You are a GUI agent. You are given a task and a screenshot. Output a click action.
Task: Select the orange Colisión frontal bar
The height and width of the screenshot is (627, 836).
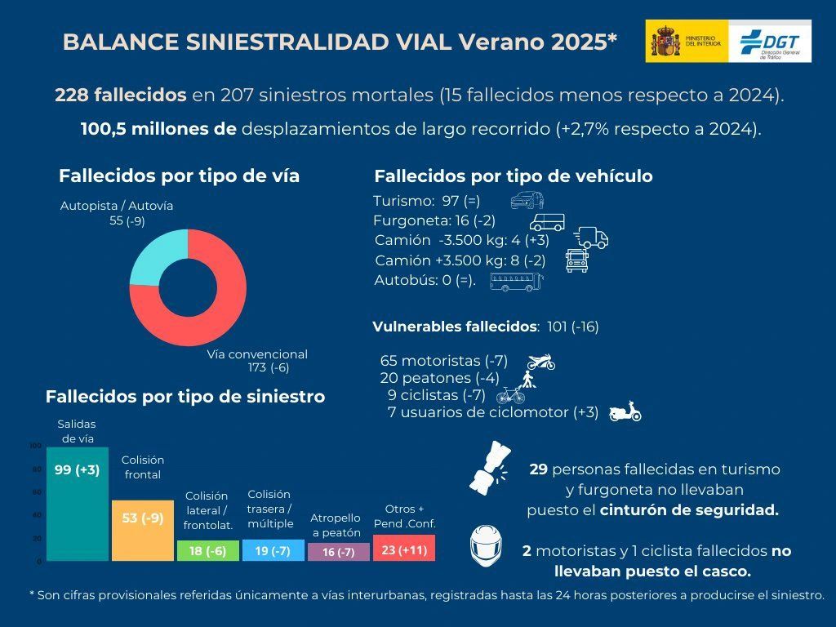point(142,530)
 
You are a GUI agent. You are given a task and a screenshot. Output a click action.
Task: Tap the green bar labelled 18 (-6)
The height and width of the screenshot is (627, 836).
point(207,551)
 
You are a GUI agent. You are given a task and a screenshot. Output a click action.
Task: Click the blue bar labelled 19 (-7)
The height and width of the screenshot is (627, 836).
point(273,550)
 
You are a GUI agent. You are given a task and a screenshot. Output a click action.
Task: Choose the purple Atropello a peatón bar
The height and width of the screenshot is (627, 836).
point(338,552)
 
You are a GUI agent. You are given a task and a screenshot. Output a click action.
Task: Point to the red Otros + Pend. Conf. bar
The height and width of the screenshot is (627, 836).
point(403,548)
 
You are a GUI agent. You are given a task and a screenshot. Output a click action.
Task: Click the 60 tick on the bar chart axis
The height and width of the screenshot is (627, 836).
point(35,492)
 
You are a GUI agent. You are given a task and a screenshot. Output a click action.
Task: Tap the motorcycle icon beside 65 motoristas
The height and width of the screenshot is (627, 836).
point(540,361)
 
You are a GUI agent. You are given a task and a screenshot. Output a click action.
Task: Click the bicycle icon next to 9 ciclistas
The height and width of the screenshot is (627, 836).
point(511,395)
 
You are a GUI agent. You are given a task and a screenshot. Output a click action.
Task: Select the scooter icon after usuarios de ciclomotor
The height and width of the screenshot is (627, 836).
point(625,411)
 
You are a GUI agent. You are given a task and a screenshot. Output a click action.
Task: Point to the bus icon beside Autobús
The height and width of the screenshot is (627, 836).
point(515,282)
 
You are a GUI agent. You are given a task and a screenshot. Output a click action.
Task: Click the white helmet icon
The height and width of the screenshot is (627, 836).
point(487,545)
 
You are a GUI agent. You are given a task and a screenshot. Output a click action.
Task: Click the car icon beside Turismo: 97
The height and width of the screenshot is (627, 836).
point(527,201)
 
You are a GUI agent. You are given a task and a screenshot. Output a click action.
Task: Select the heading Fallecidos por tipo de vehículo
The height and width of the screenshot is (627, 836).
point(513,176)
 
